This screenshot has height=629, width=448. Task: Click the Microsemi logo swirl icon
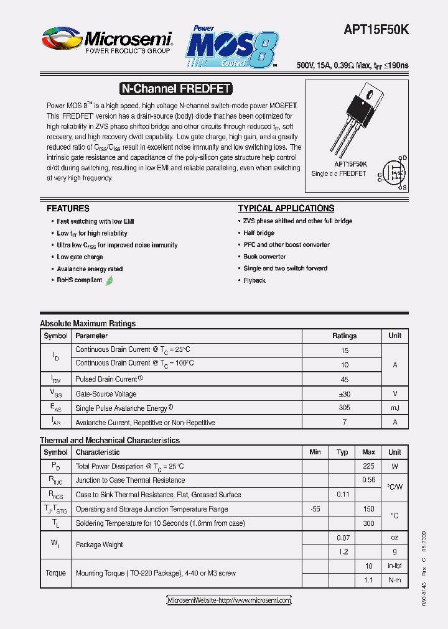click(61, 39)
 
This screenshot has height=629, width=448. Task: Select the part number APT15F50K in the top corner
click(376, 29)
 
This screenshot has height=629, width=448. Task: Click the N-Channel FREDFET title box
click(175, 89)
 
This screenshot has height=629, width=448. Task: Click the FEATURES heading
click(68, 209)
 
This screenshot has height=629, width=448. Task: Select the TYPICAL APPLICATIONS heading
click(286, 209)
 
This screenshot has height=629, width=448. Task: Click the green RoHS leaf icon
click(110, 280)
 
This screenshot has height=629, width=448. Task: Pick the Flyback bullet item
click(254, 281)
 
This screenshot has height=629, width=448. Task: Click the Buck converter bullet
click(264, 257)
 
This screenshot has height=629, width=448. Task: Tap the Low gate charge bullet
click(80, 257)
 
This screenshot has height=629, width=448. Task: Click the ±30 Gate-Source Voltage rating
click(344, 394)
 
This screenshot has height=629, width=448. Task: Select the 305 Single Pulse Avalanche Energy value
click(344, 408)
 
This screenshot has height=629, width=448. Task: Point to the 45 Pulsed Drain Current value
click(344, 379)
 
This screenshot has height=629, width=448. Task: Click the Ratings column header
click(344, 336)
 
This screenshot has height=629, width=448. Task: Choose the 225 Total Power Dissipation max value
click(368, 466)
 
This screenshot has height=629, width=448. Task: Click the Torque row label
click(55, 573)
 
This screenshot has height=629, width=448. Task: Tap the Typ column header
click(342, 452)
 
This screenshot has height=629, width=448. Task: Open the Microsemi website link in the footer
click(229, 600)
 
